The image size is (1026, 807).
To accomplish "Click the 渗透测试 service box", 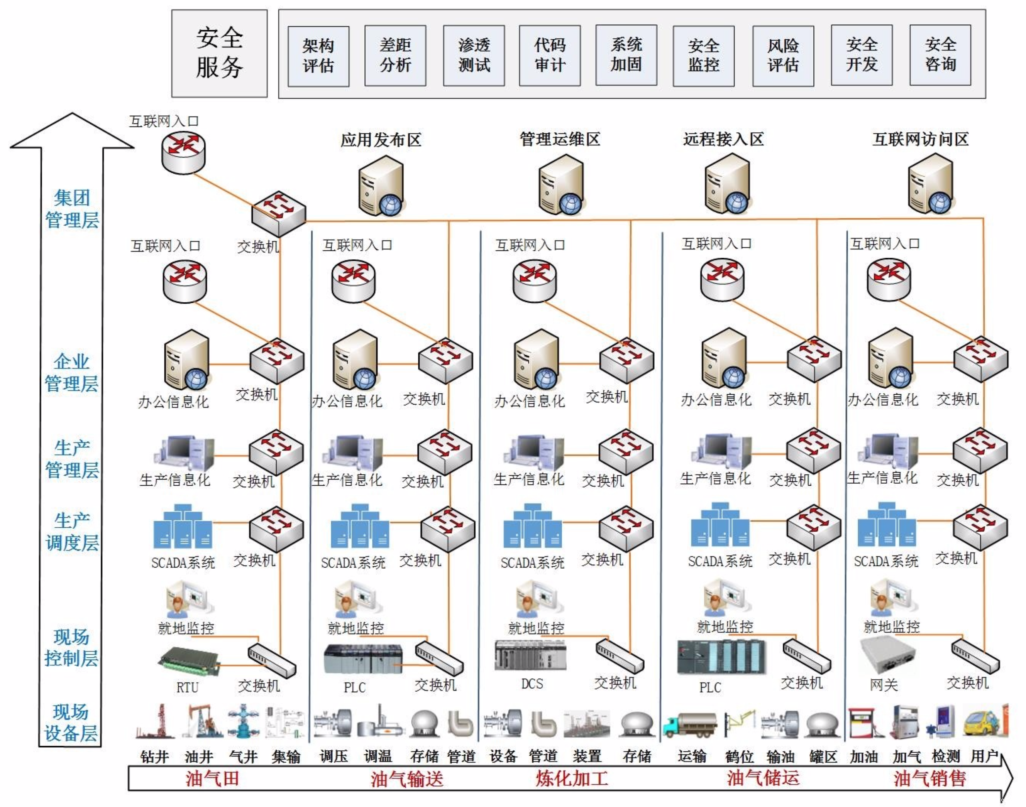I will [x=474, y=55].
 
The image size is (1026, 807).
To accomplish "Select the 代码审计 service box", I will [x=550, y=55].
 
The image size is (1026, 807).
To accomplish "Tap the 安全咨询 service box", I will [x=940, y=55].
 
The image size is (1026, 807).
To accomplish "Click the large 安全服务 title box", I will [x=219, y=53].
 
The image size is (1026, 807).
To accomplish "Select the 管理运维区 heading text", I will [x=560, y=139].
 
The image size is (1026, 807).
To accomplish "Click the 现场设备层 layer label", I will [x=71, y=723].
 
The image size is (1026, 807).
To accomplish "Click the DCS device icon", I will [x=530, y=655].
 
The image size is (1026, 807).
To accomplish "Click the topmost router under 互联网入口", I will [x=183, y=152].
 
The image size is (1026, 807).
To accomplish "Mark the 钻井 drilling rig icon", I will [x=156, y=721].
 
